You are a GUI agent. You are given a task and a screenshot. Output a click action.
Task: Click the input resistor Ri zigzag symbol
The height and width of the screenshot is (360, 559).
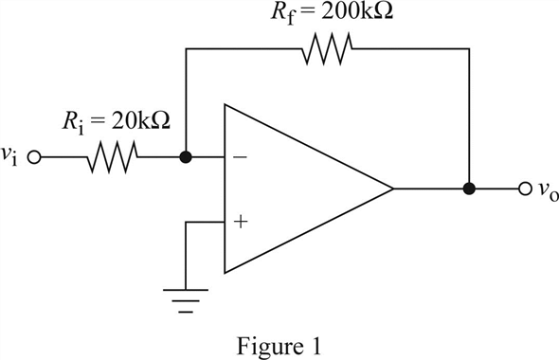coord(114,157)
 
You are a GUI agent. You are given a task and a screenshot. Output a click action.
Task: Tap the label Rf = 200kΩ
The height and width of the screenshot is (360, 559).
coord(327,14)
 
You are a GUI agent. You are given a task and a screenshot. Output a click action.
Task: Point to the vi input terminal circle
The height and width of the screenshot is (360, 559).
coord(36,158)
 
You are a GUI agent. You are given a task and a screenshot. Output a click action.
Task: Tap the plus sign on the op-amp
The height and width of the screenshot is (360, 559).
coord(240,222)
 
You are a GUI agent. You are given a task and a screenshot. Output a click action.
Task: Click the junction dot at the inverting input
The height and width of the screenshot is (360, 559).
coord(186,157)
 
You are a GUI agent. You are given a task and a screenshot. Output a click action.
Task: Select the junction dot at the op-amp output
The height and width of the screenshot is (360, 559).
coord(468,189)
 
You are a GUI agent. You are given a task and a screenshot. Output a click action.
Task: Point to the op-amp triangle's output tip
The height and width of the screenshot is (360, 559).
coord(392,189)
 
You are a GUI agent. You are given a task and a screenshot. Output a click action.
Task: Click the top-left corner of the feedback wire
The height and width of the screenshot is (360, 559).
coord(186,46)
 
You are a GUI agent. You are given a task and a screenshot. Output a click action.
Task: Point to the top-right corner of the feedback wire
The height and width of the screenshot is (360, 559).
coord(468,46)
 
